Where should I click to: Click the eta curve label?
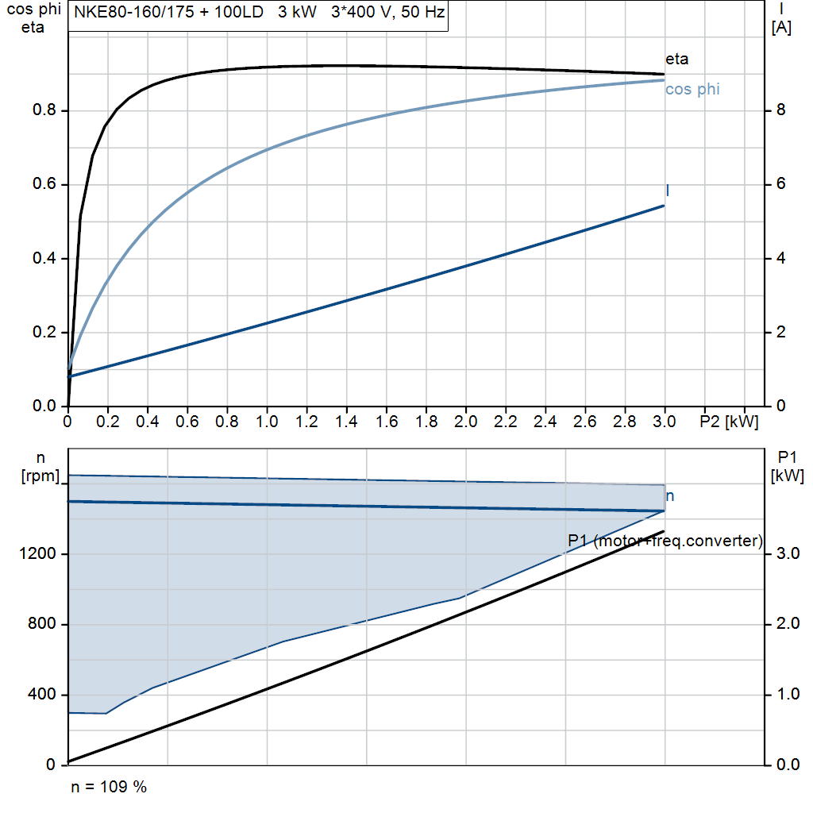pyautogui.click(x=676, y=59)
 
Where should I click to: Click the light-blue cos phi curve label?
pyautogui.click(x=692, y=89)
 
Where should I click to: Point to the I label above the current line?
pyautogui.click(x=667, y=191)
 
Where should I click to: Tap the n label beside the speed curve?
pyautogui.click(x=670, y=496)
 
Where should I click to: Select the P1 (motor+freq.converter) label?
pyautogui.click(x=665, y=541)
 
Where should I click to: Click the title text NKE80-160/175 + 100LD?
pyautogui.click(x=168, y=12)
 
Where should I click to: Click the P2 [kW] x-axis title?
pyautogui.click(x=729, y=422)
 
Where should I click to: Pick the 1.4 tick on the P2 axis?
pyautogui.click(x=346, y=422)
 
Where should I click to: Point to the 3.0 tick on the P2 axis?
pyautogui.click(x=665, y=422)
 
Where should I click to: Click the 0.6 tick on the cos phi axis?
pyautogui.click(x=44, y=184)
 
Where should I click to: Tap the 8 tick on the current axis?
pyautogui.click(x=781, y=110)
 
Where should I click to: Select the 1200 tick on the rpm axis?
pyautogui.click(x=37, y=553)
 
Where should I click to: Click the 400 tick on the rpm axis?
pyautogui.click(x=41, y=694)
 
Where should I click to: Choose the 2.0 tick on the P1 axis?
pyautogui.click(x=788, y=623)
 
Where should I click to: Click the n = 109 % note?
pyautogui.click(x=109, y=787)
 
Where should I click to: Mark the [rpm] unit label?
pyautogui.click(x=40, y=476)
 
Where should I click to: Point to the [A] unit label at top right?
pyautogui.click(x=781, y=28)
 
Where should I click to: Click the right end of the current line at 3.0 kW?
pyautogui.click(x=665, y=206)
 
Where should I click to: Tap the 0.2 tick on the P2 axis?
pyautogui.click(x=107, y=422)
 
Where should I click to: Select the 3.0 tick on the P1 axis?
pyautogui.click(x=788, y=553)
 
